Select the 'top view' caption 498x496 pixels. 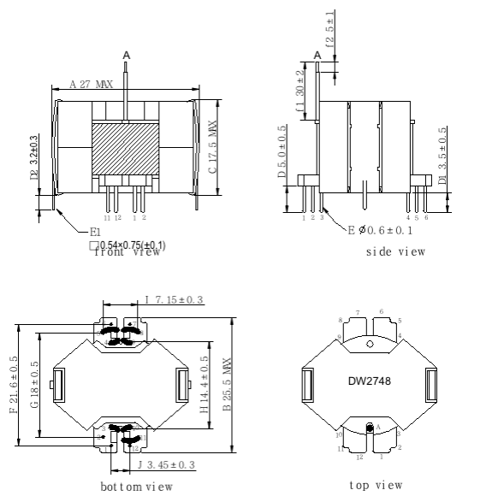point(376,485)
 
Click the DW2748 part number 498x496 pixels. point(369,380)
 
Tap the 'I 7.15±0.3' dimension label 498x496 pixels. point(176,300)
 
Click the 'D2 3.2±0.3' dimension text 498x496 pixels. point(34,157)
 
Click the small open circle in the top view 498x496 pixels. point(369,345)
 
